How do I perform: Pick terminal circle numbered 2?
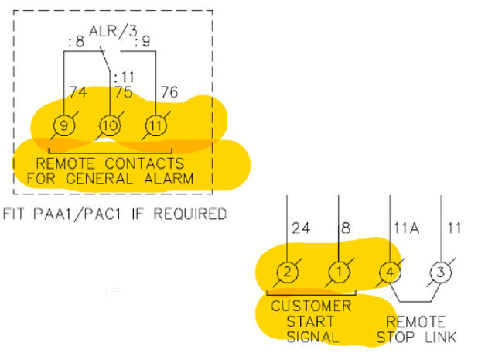287,272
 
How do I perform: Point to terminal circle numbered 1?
339,272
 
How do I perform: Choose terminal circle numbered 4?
390,272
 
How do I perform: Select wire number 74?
77,93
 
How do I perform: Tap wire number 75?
123,93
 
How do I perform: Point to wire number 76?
169,93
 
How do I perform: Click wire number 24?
302,228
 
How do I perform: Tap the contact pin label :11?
124,77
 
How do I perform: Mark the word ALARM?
188,179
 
